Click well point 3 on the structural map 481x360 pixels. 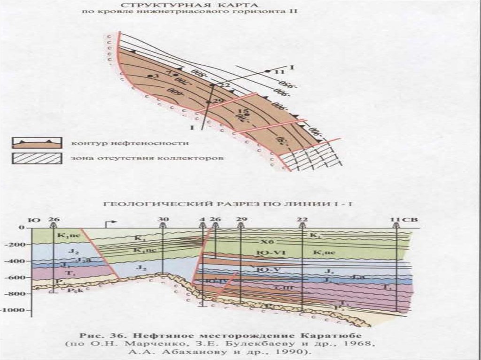[150, 76]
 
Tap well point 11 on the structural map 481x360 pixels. [267, 71]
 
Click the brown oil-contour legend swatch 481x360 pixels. [37, 143]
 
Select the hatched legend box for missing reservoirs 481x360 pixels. [37, 158]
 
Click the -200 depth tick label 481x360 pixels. [18, 245]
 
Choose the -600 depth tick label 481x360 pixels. [18, 277]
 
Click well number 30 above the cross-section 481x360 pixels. [163, 219]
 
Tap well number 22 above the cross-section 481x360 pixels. [302, 219]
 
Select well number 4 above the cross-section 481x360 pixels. [202, 219]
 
